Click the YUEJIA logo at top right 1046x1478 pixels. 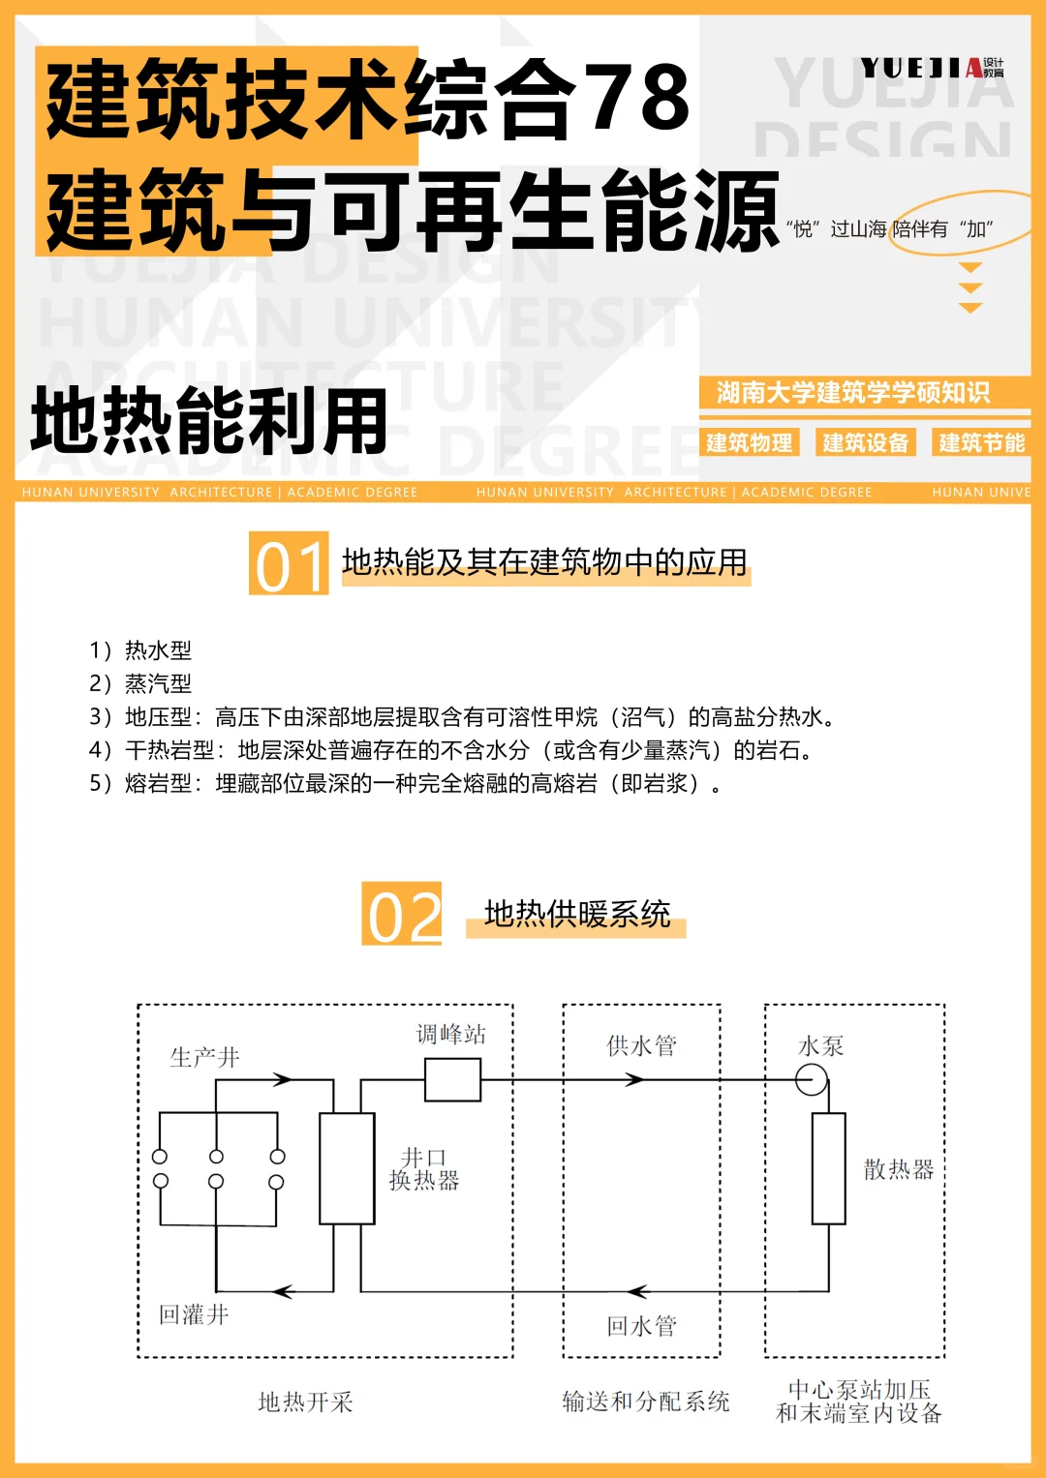[x=932, y=68]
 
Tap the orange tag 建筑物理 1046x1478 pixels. [x=749, y=443]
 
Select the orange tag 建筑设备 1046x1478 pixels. [x=865, y=443]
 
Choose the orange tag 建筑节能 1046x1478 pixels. [x=981, y=443]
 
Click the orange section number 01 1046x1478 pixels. [x=289, y=564]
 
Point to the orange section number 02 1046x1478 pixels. [x=402, y=915]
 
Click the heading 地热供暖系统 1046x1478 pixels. [x=577, y=915]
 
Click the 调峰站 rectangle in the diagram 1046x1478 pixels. [x=452, y=1079]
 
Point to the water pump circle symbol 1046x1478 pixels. [x=812, y=1079]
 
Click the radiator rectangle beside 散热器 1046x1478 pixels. [x=828, y=1168]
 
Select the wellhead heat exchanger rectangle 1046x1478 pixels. [x=347, y=1168]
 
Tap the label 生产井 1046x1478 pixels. [x=204, y=1057]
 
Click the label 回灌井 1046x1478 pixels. [x=194, y=1314]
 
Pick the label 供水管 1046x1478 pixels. [x=641, y=1045]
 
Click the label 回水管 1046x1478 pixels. [x=641, y=1326]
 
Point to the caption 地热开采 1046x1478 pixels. [x=305, y=1403]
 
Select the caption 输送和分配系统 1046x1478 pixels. [x=646, y=1402]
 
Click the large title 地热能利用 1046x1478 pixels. [x=209, y=422]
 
